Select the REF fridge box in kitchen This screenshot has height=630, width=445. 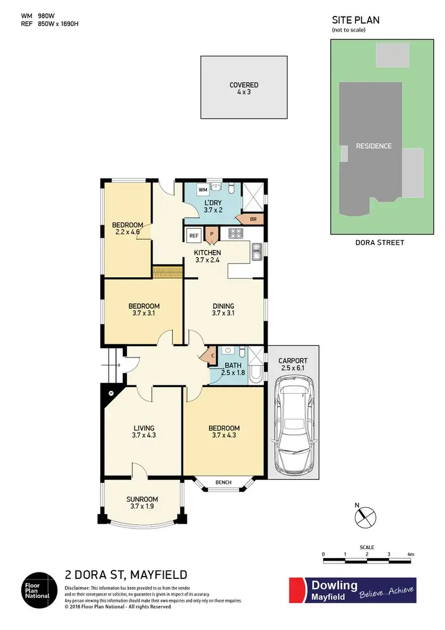[x=193, y=235]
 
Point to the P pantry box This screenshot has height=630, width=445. [x=211, y=235]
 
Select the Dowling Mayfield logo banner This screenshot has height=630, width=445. [x=352, y=590]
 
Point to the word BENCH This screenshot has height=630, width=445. [x=223, y=482]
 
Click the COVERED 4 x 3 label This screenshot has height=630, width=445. [x=244, y=88]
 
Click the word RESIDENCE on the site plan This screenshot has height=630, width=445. [x=373, y=146]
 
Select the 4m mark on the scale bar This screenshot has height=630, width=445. [x=410, y=555]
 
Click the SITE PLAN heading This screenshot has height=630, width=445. [x=355, y=20]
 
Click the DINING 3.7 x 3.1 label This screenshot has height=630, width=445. [x=223, y=310]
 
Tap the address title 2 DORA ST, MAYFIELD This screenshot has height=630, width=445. [x=126, y=575]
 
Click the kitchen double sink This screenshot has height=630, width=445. [x=257, y=253]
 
